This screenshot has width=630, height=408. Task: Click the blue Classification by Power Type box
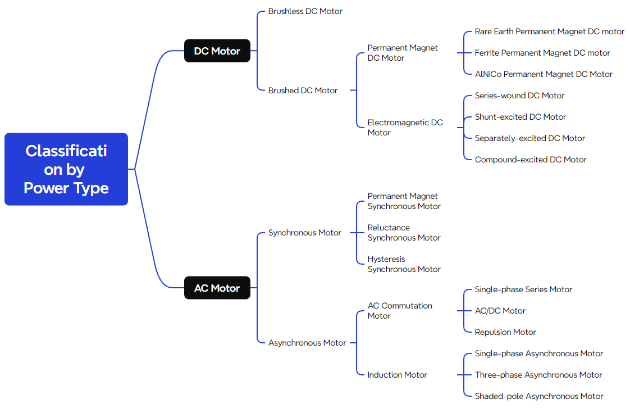point(66,169)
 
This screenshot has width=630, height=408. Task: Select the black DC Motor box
point(217,51)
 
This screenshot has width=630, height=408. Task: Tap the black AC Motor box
point(217,288)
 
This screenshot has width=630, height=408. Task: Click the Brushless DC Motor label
point(305,11)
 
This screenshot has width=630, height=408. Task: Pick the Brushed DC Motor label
point(303,90)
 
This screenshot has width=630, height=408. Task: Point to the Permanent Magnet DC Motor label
point(402,53)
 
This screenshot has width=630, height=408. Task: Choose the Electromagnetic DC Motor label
point(405,128)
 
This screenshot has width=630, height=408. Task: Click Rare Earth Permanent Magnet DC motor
point(549,31)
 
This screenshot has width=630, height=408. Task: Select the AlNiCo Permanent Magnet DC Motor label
point(544,74)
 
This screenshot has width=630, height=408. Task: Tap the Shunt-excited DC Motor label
point(520,117)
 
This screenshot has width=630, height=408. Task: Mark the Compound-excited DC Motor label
point(530,160)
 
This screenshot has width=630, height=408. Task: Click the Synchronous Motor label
point(304,233)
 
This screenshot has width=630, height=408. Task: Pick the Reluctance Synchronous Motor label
point(404,233)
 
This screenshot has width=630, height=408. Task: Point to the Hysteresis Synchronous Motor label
point(404,264)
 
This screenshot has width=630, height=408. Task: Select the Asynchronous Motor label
point(307,343)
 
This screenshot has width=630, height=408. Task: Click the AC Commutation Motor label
point(400,311)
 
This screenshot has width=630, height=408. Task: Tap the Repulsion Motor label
point(505,332)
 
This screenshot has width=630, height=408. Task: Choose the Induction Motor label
point(397,375)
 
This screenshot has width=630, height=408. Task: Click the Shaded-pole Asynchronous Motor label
point(538,396)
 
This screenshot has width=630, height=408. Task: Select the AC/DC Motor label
point(500,311)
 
